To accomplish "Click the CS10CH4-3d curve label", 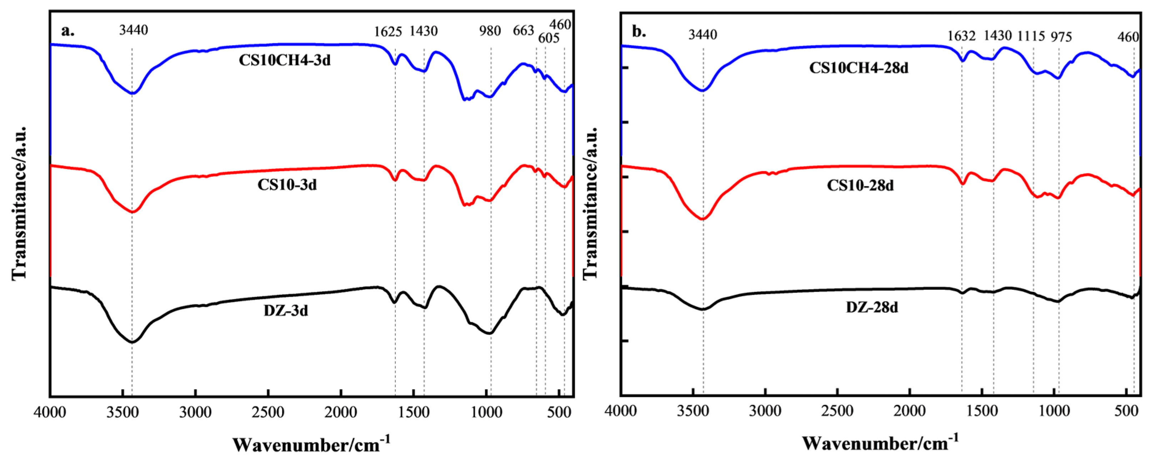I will pyautogui.click(x=285, y=60).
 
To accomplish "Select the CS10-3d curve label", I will pyautogui.click(x=287, y=185).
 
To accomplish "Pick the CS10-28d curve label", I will pyautogui.click(x=860, y=185).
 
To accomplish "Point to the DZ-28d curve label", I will pyautogui.click(x=872, y=308).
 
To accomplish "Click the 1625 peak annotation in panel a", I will pyautogui.click(x=388, y=32).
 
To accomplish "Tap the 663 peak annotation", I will pyautogui.click(x=523, y=30).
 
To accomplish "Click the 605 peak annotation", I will pyautogui.click(x=549, y=39).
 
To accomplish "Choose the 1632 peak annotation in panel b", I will pyautogui.click(x=961, y=36).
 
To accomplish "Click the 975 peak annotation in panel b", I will pyautogui.click(x=1061, y=37).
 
